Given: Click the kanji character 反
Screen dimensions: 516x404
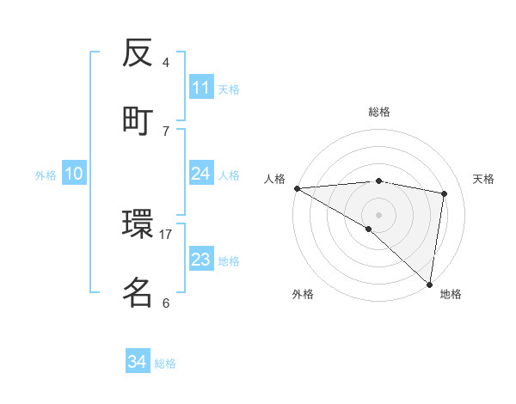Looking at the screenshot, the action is tap(138, 55).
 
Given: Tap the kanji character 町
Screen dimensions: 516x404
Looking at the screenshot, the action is tap(138, 119).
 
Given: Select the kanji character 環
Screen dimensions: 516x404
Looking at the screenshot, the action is tap(138, 226).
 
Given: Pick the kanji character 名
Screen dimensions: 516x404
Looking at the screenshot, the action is tap(138, 292).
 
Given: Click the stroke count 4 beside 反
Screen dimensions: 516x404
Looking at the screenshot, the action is tap(166, 63).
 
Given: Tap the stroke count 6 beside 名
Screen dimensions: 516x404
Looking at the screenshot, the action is tap(166, 303).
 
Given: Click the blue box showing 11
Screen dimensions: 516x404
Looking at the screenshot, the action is tap(201, 88).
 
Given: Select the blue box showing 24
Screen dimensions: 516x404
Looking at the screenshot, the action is tap(201, 174).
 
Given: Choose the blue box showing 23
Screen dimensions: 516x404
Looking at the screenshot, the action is tap(201, 260).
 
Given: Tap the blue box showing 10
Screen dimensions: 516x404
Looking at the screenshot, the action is tap(74, 174).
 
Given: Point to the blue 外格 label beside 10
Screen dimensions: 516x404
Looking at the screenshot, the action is tap(46, 174).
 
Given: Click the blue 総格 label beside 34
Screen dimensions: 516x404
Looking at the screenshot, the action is tap(165, 363).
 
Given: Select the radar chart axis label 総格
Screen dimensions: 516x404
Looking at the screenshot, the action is tap(378, 112).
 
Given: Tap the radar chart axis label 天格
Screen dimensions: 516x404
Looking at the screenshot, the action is tap(484, 179).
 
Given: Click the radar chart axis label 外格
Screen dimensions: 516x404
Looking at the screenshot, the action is tap(303, 294).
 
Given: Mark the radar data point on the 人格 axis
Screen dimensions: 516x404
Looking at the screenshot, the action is tap(297, 188).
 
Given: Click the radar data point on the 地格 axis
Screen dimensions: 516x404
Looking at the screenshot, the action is tap(429, 284).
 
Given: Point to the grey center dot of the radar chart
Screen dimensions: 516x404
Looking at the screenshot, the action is tap(378, 214).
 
